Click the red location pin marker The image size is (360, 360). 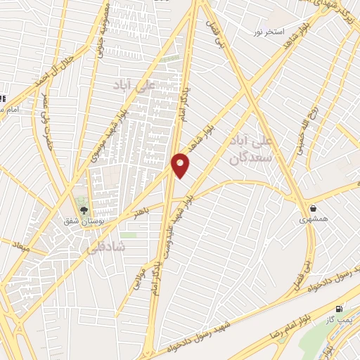point(181,165)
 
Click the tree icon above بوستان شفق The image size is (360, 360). point(84,210)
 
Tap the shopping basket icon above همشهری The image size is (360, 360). point(313,208)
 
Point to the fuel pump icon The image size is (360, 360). point(340,309)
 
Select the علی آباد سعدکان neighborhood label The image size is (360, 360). point(250,150)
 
